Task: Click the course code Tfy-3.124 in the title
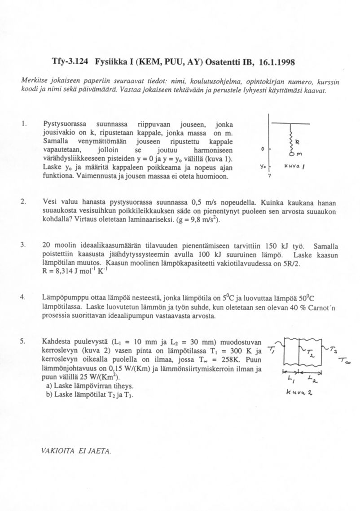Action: click(x=71, y=63)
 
